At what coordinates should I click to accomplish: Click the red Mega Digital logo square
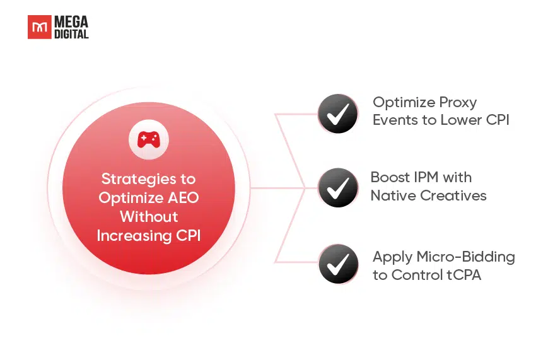(x=40, y=27)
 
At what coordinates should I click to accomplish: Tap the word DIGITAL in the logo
(x=71, y=34)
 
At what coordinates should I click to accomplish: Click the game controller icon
(x=149, y=140)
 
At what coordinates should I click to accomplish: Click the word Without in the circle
(x=149, y=217)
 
